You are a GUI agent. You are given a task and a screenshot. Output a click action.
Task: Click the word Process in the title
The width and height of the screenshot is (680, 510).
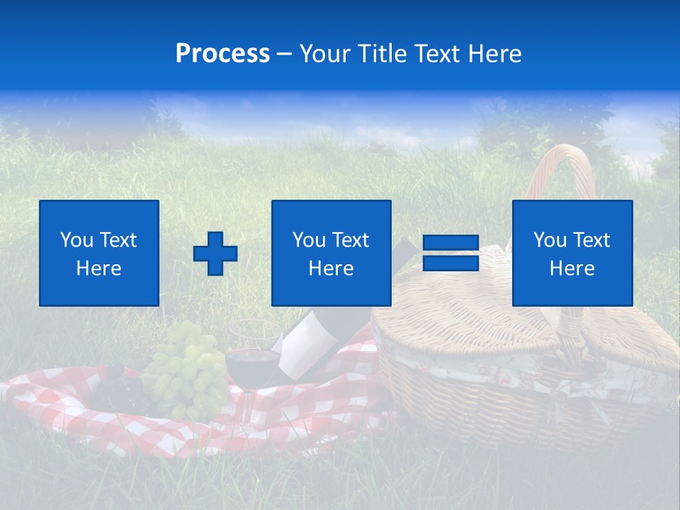point(222,54)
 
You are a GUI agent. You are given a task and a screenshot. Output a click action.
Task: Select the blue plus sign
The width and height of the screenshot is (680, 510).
point(215,254)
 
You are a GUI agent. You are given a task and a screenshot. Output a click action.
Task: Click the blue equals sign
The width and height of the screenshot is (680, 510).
point(450,253)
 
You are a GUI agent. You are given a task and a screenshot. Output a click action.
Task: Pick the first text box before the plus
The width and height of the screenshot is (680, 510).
point(99,253)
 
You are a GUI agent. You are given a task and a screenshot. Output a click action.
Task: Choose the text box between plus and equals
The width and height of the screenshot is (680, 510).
point(331,253)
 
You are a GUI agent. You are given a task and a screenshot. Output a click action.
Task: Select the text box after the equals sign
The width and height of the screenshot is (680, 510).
point(572,253)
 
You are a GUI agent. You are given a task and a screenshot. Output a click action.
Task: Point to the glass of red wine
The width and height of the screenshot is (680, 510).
point(251,358)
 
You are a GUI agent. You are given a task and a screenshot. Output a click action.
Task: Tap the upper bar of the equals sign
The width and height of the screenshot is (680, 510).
point(450,243)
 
